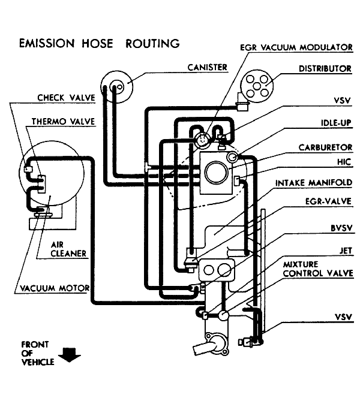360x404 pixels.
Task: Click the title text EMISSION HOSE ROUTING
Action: (99, 43)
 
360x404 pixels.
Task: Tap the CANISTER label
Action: (207, 67)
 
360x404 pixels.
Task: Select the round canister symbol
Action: (116, 85)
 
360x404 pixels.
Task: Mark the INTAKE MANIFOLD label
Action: (313, 182)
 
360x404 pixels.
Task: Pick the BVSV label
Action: (340, 228)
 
